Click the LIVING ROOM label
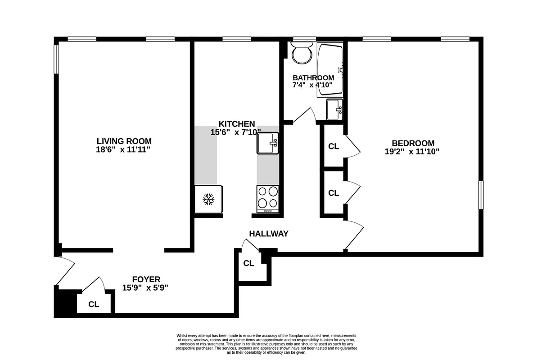[123, 141]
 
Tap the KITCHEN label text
[237, 124]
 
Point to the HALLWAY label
[269, 234]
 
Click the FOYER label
[146, 279]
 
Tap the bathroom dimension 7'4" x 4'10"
[312, 85]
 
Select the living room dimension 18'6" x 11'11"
[123, 149]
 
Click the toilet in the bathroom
[302, 54]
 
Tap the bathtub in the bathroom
[330, 69]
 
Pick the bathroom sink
[334, 109]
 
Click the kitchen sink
[268, 144]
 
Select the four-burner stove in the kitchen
[268, 198]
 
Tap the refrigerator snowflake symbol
[208, 199]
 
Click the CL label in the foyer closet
[94, 304]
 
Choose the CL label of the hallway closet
[249, 263]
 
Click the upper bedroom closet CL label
[334, 146]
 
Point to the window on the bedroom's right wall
[481, 195]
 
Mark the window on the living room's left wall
[57, 58]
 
